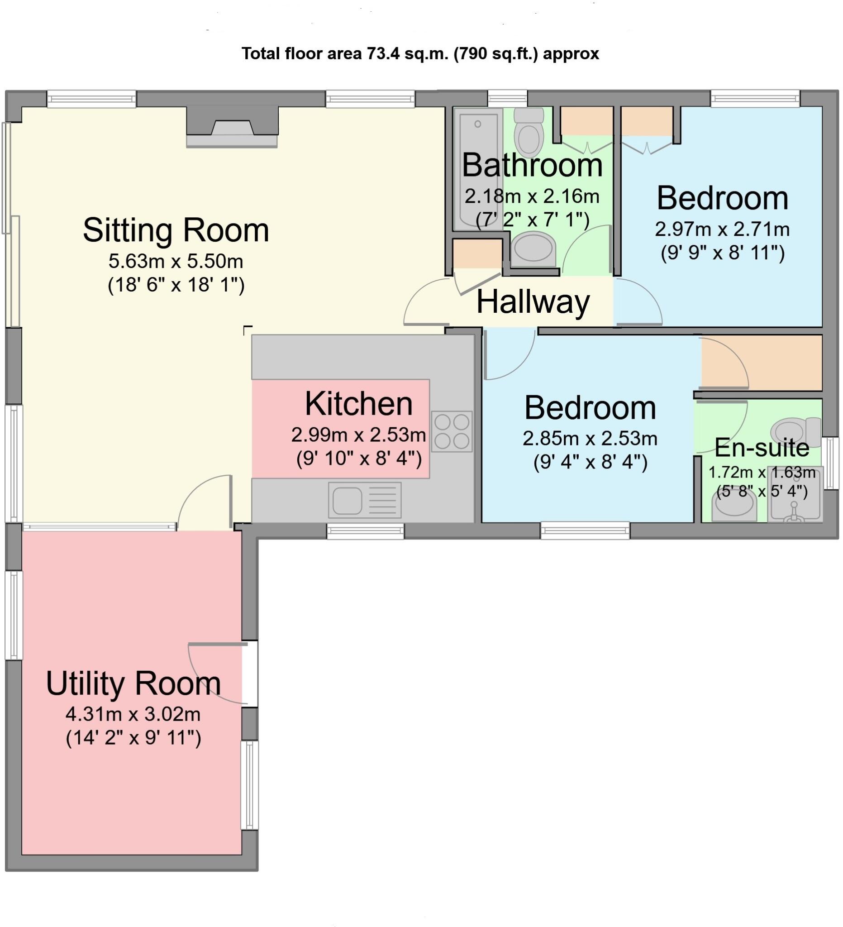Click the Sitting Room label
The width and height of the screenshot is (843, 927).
pyautogui.click(x=176, y=230)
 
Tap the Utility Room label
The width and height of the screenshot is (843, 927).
pyautogui.click(x=133, y=683)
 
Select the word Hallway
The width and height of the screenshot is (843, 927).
pyautogui.click(x=533, y=302)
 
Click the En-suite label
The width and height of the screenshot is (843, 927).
pyautogui.click(x=762, y=448)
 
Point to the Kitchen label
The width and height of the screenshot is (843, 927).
pyautogui.click(x=358, y=404)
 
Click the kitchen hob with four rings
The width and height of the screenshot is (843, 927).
pyautogui.click(x=452, y=431)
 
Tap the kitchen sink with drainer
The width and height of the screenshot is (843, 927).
pyautogui.click(x=365, y=500)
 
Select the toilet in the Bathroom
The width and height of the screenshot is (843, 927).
pyautogui.click(x=529, y=132)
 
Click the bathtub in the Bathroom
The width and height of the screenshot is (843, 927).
pyautogui.click(x=477, y=169)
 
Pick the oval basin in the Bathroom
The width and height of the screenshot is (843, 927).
pyautogui.click(x=533, y=249)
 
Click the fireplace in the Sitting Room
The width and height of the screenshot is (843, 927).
pyautogui.click(x=232, y=127)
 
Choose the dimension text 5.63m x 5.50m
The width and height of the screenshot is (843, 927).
pyautogui.click(x=176, y=261)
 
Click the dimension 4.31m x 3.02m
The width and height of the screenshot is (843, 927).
pyautogui.click(x=133, y=714)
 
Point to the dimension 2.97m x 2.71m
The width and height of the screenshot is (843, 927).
pyautogui.click(x=722, y=229)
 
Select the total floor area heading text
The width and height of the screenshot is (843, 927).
pyautogui.click(x=420, y=54)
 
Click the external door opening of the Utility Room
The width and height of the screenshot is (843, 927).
pyautogui.click(x=250, y=673)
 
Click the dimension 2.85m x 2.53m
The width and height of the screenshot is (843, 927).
pyautogui.click(x=590, y=439)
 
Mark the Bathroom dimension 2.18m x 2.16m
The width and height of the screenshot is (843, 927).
pyautogui.click(x=532, y=196)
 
